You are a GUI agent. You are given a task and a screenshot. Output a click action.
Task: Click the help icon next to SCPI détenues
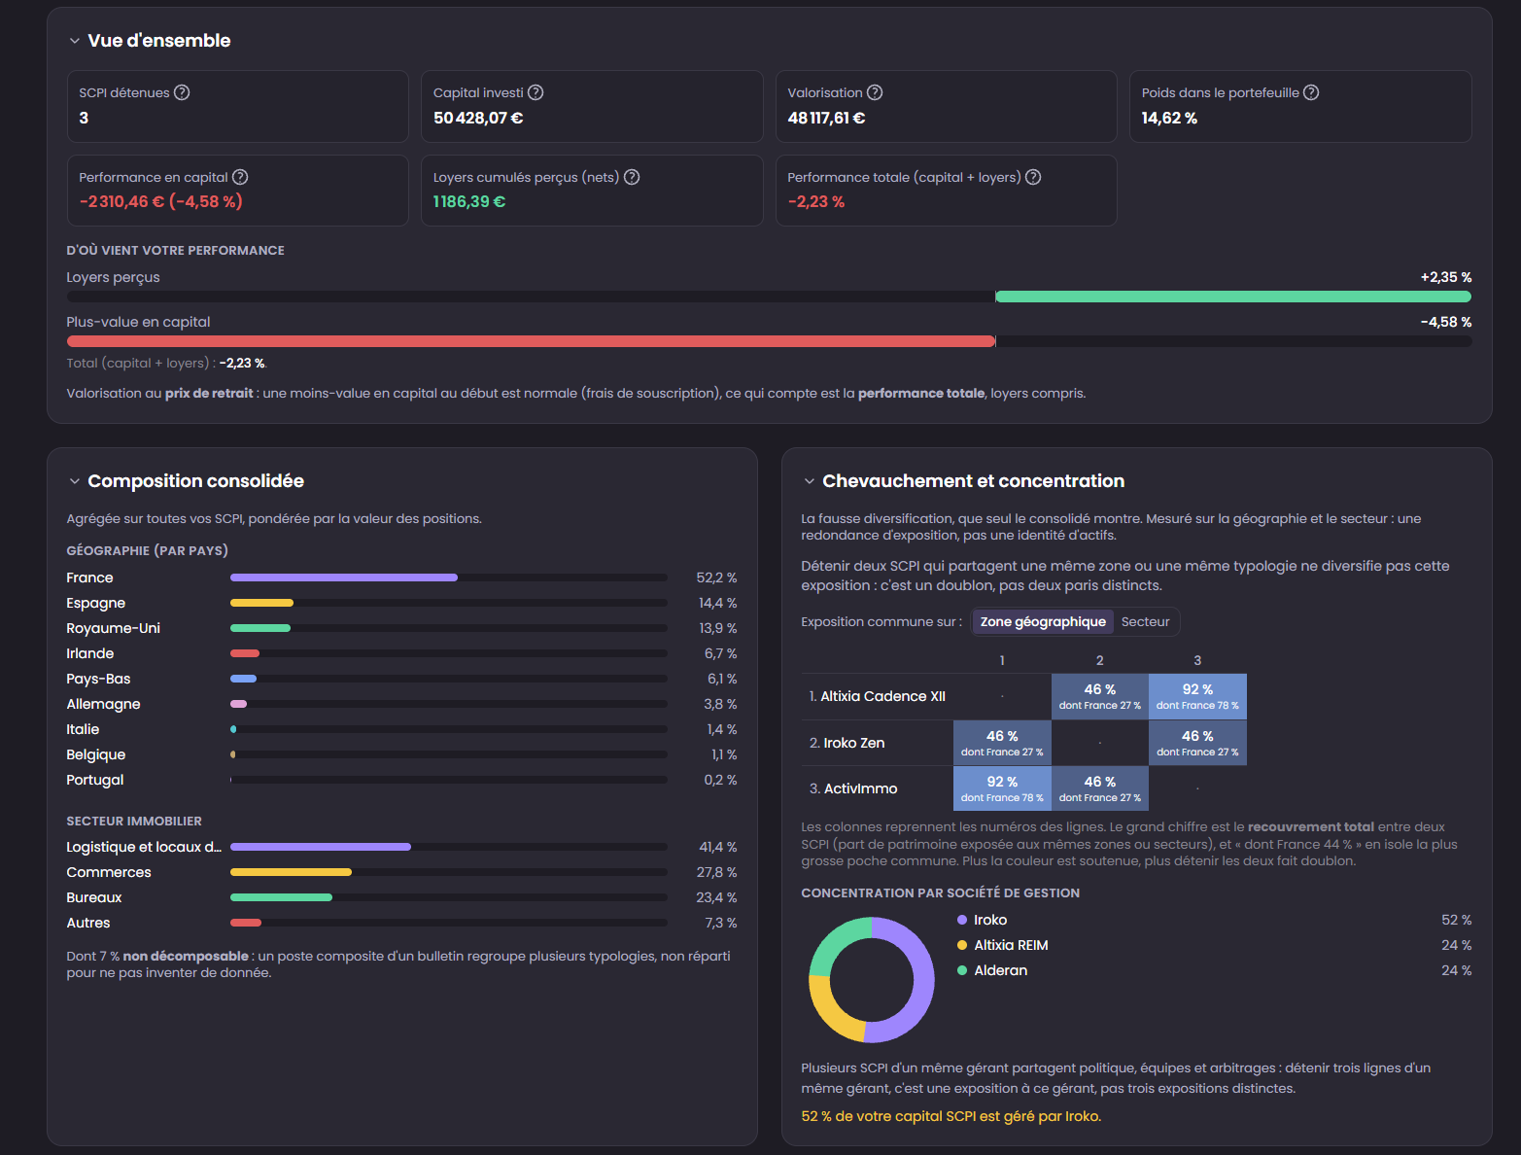tap(182, 92)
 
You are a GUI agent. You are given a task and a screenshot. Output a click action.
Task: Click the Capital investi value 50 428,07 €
tap(478, 118)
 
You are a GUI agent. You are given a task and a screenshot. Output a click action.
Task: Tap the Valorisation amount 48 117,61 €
tap(826, 118)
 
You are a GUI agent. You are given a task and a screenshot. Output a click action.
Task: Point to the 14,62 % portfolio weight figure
tap(1169, 118)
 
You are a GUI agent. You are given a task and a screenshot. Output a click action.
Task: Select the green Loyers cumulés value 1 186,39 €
tap(469, 201)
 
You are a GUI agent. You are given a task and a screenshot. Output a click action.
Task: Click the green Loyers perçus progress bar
tap(1232, 297)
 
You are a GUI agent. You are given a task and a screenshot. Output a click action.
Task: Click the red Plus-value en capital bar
tap(531, 341)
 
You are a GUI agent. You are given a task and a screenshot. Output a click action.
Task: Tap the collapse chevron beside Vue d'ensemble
tap(75, 41)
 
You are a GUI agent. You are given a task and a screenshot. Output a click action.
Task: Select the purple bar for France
tap(344, 577)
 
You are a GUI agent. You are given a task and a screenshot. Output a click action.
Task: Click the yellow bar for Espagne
tap(262, 603)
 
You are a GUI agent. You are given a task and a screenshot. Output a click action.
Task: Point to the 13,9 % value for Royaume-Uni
tap(718, 628)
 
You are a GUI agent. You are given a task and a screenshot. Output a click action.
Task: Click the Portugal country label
tap(95, 780)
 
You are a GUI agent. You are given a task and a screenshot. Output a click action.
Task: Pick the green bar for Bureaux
tap(281, 897)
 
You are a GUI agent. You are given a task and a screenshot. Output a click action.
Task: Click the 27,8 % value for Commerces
tap(716, 872)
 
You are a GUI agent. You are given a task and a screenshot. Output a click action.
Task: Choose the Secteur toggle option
tap(1146, 621)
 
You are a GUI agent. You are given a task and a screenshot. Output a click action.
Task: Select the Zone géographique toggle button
tap(1043, 621)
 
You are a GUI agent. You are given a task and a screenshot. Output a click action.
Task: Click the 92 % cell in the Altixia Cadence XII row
tap(1197, 696)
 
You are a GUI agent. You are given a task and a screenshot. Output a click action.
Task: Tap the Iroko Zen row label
tap(847, 743)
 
